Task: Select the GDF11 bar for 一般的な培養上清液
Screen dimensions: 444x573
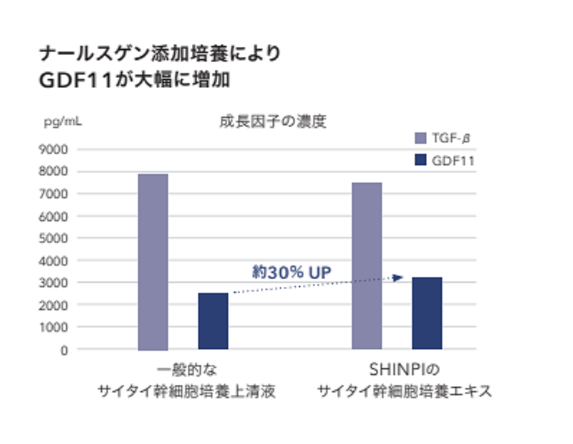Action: pos(213,321)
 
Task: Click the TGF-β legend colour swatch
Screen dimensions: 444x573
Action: pos(420,139)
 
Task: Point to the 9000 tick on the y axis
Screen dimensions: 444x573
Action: pos(56,150)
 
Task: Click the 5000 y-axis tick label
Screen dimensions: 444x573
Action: pos(56,238)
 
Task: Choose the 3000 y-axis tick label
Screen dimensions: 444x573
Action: pos(56,282)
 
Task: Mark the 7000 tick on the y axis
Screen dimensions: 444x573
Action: pos(56,194)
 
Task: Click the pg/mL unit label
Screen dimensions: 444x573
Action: pos(63,121)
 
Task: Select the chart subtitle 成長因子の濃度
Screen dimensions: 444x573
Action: pos(273,122)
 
